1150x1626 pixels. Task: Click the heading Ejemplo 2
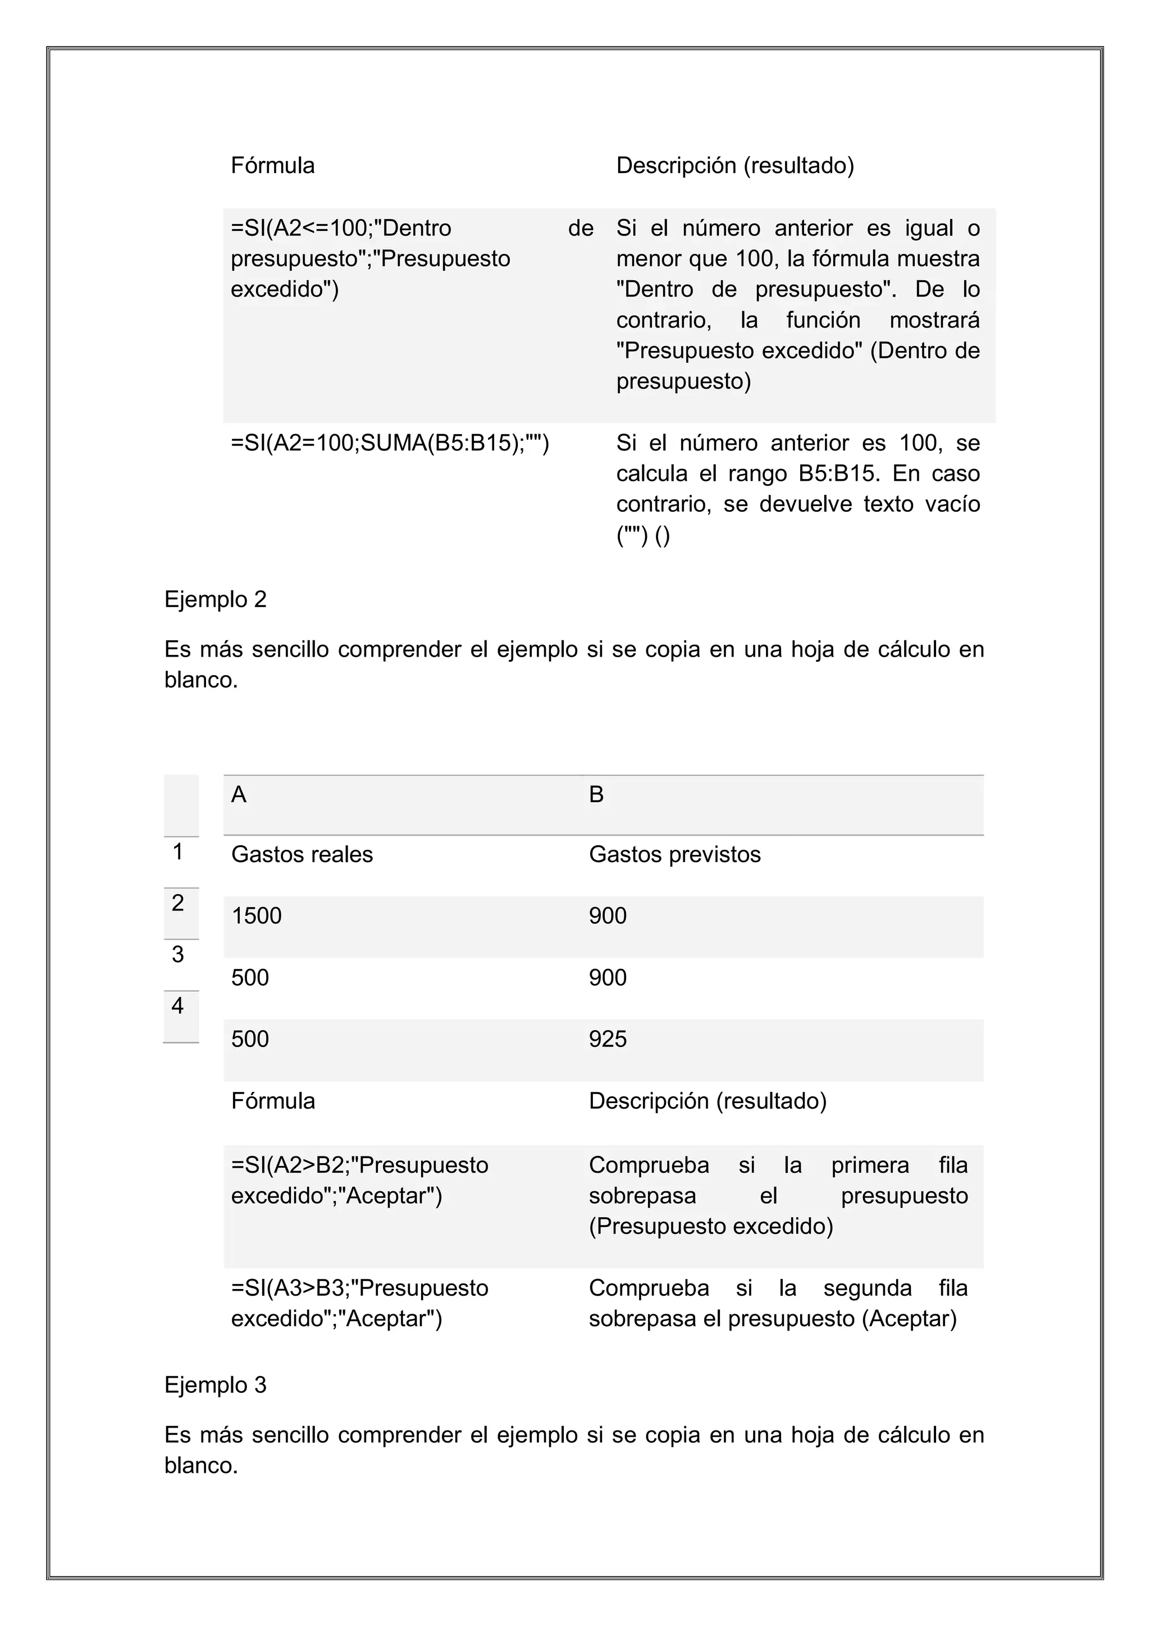pyautogui.click(x=215, y=600)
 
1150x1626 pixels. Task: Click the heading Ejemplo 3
pyautogui.click(x=215, y=1384)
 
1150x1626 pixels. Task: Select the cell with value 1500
pyautogui.click(x=257, y=916)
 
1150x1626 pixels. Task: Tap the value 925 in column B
pyautogui.click(x=608, y=1039)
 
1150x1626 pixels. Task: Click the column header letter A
pyautogui.click(x=239, y=795)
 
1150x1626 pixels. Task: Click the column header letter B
pyautogui.click(x=596, y=795)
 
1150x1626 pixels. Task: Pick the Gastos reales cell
pyautogui.click(x=302, y=854)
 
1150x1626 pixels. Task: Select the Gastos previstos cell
pyautogui.click(x=674, y=854)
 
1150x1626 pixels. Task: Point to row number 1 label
pyautogui.click(x=178, y=852)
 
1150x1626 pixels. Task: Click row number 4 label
pyautogui.click(x=178, y=1005)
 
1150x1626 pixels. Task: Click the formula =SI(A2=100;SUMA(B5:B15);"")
pyautogui.click(x=390, y=443)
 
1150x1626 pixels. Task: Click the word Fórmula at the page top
pyautogui.click(x=273, y=166)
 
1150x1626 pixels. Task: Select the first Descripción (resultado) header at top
pyautogui.click(x=735, y=166)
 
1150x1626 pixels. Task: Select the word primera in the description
pyautogui.click(x=870, y=1165)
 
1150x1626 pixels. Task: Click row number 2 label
pyautogui.click(x=178, y=903)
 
